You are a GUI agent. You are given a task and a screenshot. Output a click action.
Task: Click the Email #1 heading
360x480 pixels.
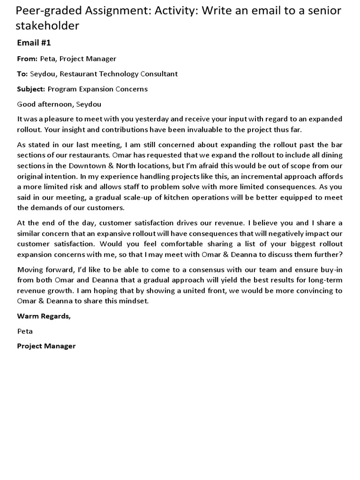point(34,43)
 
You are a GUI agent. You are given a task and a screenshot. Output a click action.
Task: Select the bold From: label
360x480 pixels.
point(27,59)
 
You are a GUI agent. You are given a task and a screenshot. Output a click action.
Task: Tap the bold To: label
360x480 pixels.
point(22,74)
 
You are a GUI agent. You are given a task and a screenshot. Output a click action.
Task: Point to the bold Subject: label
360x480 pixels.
point(31,89)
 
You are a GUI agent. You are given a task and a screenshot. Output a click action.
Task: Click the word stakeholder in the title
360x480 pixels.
point(47,26)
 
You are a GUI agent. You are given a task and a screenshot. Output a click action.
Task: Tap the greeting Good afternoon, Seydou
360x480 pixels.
point(59,104)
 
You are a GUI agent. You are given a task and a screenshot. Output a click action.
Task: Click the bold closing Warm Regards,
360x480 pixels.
point(44,316)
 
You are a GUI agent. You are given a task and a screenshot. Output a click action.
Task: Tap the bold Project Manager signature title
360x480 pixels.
point(46,346)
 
